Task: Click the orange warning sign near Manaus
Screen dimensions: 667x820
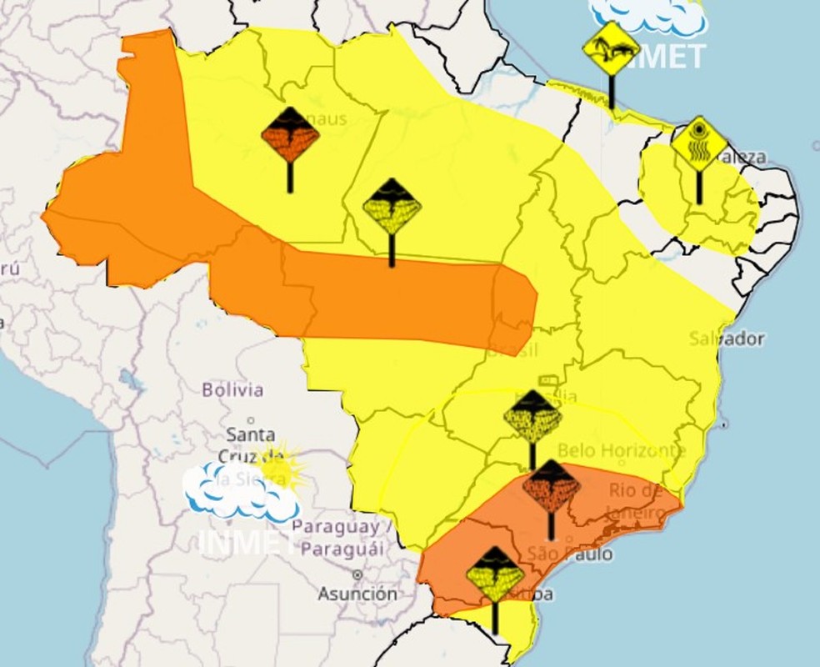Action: pos(290,135)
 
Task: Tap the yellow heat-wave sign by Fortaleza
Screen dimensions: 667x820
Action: pos(698,144)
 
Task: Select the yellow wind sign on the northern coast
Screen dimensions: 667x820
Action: pos(611,50)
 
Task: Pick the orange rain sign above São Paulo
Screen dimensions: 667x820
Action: pos(551,486)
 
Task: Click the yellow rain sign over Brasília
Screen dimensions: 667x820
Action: pos(532,416)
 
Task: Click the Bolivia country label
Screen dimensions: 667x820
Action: pos(232,389)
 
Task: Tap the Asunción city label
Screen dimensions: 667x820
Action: pos(357,594)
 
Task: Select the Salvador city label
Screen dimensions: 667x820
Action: pos(727,339)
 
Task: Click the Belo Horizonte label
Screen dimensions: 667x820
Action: pos(622,450)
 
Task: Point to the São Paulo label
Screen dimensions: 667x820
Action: pos(570,553)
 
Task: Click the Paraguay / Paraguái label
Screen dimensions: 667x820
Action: pos(342,538)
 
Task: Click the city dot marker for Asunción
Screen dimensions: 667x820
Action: pos(357,575)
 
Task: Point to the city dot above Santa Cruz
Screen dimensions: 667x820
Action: pos(251,419)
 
